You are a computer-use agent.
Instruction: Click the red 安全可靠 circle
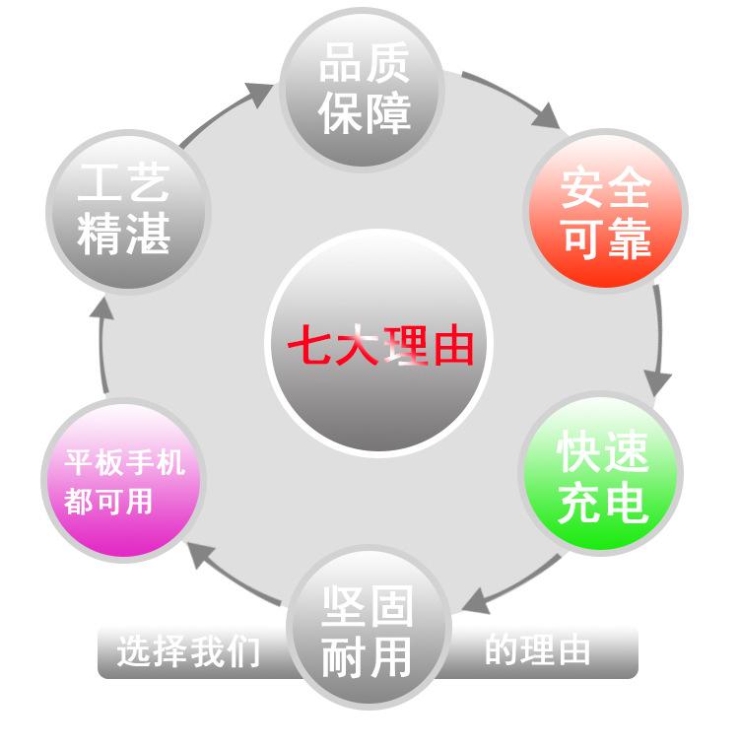tap(605, 210)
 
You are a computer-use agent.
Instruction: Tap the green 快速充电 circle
tap(600, 473)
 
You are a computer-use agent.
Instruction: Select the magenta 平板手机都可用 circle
tap(123, 479)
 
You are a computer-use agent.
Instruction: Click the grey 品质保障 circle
tap(362, 89)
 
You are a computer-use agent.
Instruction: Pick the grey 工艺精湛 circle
tap(128, 211)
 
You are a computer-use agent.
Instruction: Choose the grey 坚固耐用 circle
tap(369, 627)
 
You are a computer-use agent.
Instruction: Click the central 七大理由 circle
tap(378, 343)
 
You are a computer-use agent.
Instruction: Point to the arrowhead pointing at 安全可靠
tap(546, 117)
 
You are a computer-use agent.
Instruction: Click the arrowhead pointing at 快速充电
tap(658, 382)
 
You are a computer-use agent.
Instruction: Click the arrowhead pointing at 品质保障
tap(258, 94)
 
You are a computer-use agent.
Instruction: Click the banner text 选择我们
tap(188, 650)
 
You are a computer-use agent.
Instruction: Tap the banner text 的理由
tap(537, 648)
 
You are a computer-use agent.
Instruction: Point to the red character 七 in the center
tap(309, 344)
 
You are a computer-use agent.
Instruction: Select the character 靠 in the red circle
tap(630, 238)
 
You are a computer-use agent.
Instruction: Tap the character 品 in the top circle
tap(339, 63)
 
